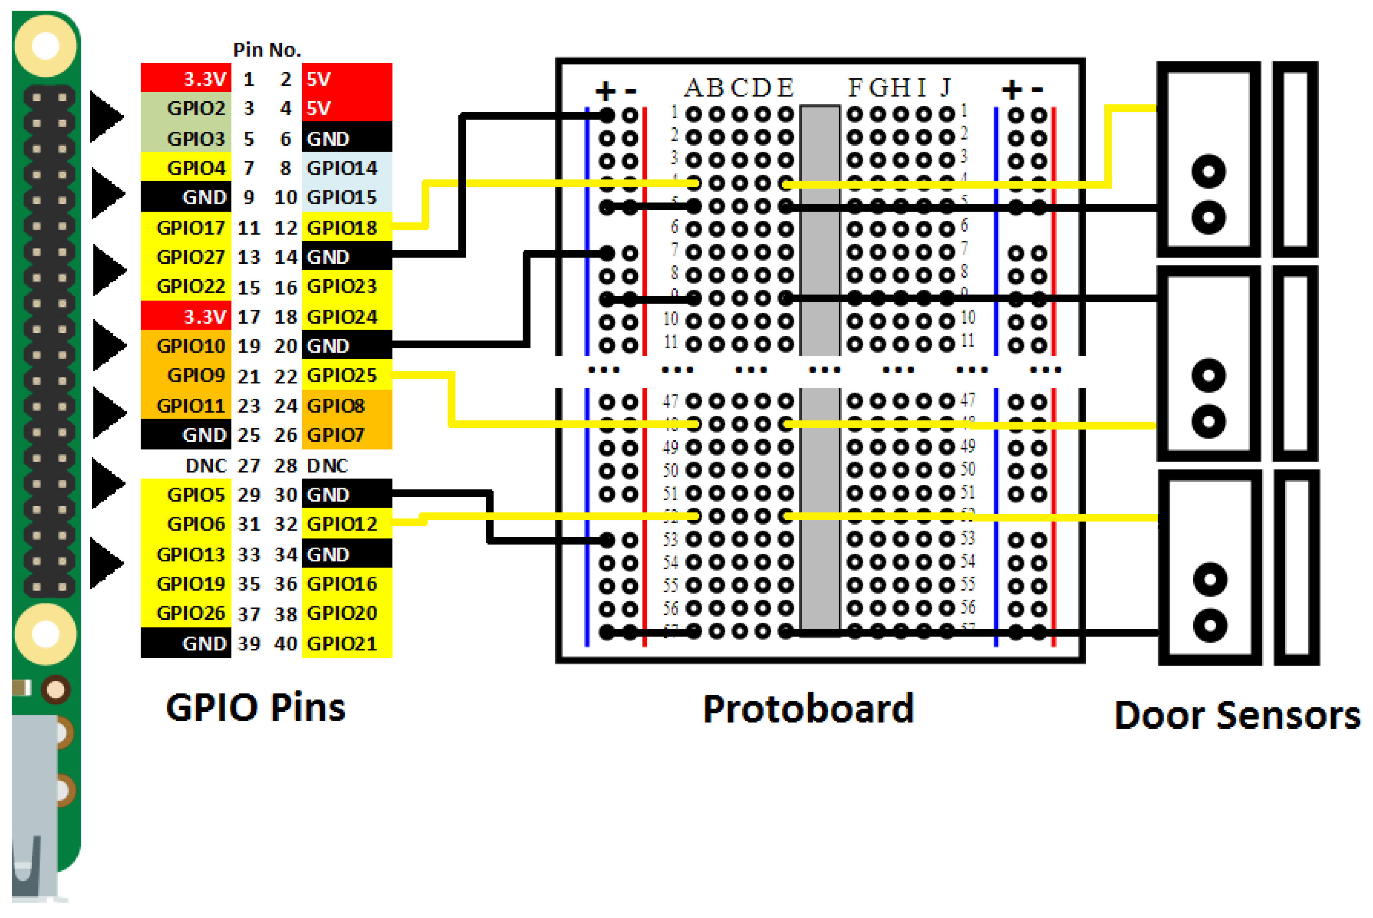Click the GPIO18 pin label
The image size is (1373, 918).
tap(342, 228)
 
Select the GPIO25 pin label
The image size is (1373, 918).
tap(342, 375)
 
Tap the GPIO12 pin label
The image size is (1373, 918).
tap(342, 524)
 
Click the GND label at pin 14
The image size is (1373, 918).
tap(328, 257)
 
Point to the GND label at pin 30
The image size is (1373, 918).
tap(328, 495)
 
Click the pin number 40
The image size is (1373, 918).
tap(286, 644)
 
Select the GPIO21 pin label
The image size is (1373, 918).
tap(342, 644)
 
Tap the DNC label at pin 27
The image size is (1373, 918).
tap(205, 466)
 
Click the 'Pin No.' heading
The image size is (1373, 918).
tap(267, 50)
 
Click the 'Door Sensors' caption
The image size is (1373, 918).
tap(1237, 715)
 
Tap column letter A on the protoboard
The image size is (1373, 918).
tap(694, 88)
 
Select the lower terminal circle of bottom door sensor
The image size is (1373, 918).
tap(1210, 625)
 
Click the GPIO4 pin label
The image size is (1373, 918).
tap(196, 168)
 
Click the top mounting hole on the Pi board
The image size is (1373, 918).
tap(45, 45)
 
